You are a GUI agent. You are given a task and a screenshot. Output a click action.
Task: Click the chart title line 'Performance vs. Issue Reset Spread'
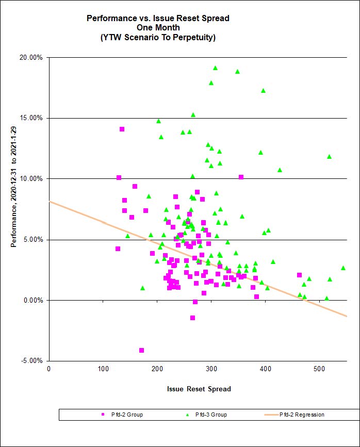tap(158, 18)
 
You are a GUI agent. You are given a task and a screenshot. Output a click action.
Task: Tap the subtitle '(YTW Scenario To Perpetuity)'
tap(158, 38)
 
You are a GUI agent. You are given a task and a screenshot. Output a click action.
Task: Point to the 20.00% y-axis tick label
tap(31, 57)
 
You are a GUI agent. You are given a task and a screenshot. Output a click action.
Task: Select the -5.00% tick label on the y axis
tap(31, 361)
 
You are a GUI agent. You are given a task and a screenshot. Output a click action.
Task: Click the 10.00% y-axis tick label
tap(31, 179)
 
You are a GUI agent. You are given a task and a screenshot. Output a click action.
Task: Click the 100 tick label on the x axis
tap(103, 368)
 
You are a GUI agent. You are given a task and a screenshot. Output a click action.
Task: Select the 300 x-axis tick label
tap(211, 368)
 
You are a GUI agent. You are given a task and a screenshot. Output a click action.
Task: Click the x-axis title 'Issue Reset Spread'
tap(199, 389)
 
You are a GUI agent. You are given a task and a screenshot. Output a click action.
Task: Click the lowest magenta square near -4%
tap(141, 351)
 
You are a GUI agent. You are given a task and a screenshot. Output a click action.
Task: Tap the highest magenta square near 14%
tap(122, 129)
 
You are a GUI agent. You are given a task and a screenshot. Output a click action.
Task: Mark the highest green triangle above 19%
tap(215, 68)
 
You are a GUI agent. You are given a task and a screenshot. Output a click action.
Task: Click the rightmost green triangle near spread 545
tap(343, 268)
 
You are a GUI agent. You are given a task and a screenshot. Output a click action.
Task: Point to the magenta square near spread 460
tap(299, 275)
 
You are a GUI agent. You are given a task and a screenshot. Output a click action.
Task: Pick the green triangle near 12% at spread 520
tap(329, 157)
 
